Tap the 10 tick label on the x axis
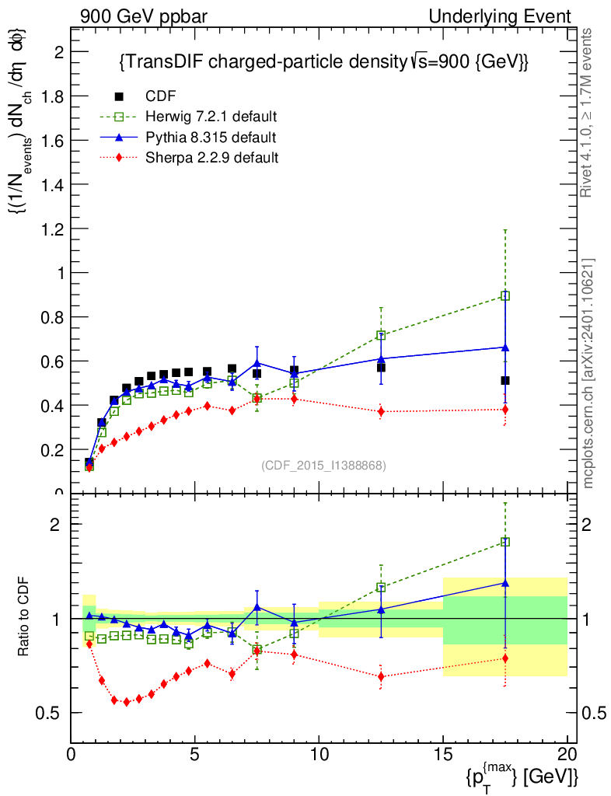pos(319,755)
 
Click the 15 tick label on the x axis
pos(443,755)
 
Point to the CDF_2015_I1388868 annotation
pos(323,465)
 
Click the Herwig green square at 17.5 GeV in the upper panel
pos(505,295)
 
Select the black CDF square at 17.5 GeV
pos(505,380)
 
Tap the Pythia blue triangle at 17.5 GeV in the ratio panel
pos(505,582)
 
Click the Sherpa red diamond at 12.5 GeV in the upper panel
pos(381,412)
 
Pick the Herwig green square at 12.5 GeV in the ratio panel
pos(381,588)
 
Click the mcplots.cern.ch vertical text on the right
pos(589,373)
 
